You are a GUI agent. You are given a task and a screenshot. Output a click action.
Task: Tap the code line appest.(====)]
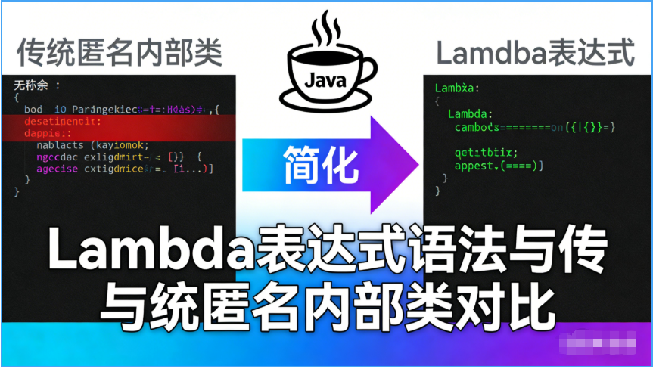click(499, 164)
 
